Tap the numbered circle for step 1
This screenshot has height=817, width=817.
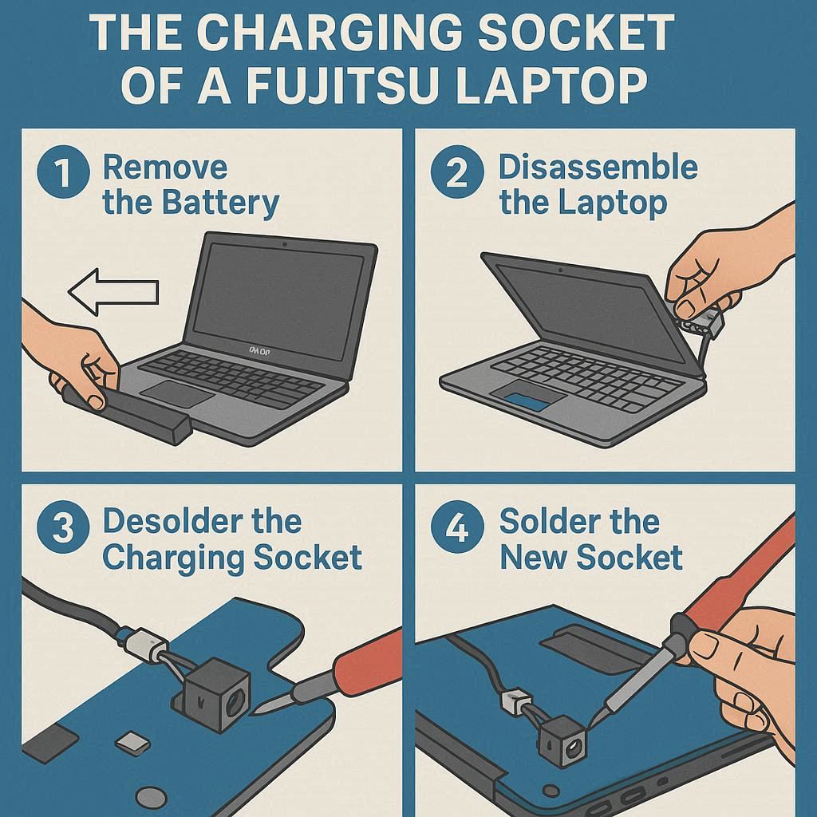pyautogui.click(x=63, y=172)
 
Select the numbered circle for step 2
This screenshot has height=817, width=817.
pyautogui.click(x=457, y=172)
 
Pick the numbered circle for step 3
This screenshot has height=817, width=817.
pyautogui.click(x=63, y=527)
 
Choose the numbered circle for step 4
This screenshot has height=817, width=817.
pyautogui.click(x=457, y=527)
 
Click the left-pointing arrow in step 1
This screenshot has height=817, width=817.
pyautogui.click(x=113, y=292)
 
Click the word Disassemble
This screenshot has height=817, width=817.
pyautogui.click(x=598, y=167)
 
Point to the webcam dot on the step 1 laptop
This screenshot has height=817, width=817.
pyautogui.click(x=284, y=243)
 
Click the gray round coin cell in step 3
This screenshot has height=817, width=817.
pyautogui.click(x=151, y=797)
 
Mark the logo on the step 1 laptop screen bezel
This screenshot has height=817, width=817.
pyautogui.click(x=260, y=352)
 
